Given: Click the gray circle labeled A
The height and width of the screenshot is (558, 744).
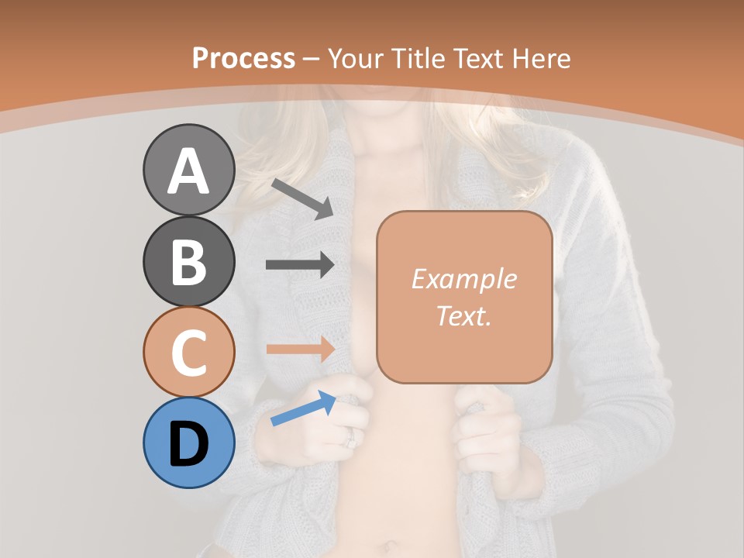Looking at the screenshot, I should coord(188,170).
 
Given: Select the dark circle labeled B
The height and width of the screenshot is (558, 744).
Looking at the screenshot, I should coord(188,261).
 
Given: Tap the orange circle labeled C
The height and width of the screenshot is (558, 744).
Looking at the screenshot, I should coord(188,352).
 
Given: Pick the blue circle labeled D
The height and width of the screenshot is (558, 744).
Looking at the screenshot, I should coord(188,443).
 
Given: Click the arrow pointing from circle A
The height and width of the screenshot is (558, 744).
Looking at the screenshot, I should coord(301,198).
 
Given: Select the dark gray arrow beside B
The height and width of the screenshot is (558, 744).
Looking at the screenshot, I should coord(300,265).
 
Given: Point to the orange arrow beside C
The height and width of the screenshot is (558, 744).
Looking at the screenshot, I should coord(300,349).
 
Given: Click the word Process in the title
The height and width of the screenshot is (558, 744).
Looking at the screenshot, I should coord(243,58).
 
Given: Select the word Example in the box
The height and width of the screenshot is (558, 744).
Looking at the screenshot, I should coord(463,279).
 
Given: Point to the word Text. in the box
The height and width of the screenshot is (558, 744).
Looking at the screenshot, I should coord(463,315).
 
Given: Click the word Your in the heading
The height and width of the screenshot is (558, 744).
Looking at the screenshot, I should coord(356,58).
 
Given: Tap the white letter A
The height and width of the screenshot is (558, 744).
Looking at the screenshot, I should coord(188,170).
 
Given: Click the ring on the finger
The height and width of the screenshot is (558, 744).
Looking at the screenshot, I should coord(350,439).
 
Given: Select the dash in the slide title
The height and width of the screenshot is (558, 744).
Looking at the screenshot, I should coord(312,59).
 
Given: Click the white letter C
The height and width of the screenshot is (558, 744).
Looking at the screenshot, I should coord(188,353).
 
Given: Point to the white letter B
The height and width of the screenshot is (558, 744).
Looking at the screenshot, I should coord(188,262).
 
